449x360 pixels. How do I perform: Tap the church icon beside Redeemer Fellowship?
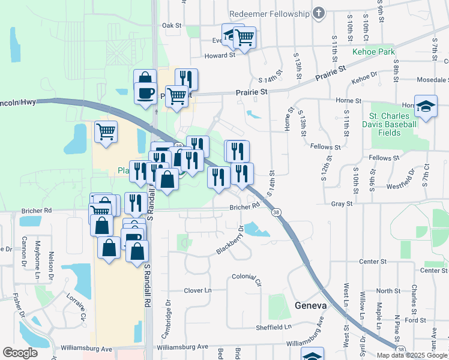coord(319,13)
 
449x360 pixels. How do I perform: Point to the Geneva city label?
coord(311,305)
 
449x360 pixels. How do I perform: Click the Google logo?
coord(20,353)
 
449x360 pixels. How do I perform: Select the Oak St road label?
coord(172,26)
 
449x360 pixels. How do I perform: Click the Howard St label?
coord(220,55)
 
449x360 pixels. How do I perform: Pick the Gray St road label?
coord(342,204)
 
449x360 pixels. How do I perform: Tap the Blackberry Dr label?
coord(229,241)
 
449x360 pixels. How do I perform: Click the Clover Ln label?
coord(198,290)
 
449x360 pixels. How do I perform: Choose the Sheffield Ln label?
coord(271,327)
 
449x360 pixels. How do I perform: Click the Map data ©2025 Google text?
coord(412,355)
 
